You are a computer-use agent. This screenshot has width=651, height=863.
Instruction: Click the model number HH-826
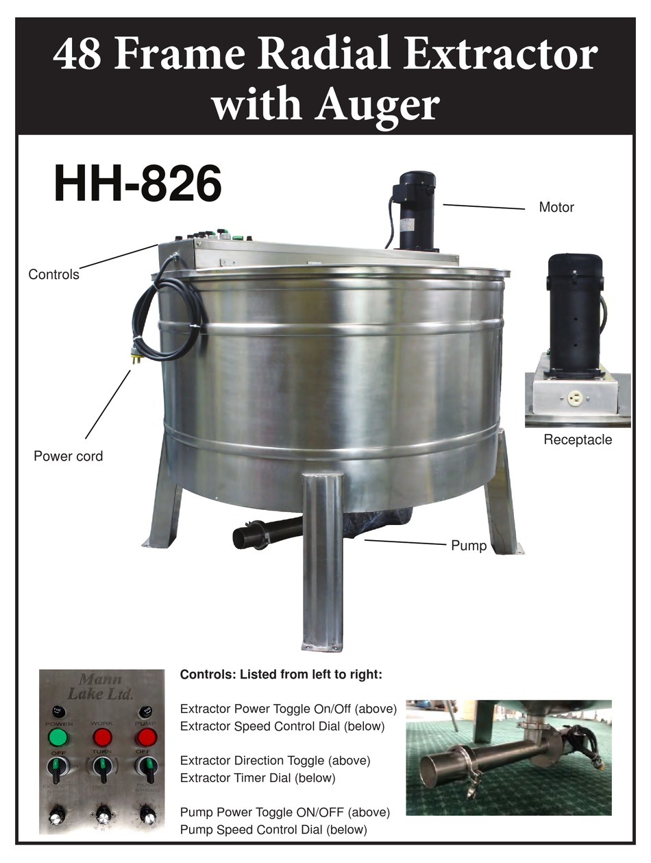pos(138,184)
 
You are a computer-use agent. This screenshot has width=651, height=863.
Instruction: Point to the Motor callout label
pos(556,207)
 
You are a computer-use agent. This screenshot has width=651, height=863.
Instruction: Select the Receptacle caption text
pos(578,439)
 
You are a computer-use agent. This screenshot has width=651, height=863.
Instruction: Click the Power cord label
pos(69,456)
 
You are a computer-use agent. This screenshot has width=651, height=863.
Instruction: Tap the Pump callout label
pos(469,546)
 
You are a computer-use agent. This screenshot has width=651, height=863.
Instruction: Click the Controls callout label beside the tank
pos(53,275)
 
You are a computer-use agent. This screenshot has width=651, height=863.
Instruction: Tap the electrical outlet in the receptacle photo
pos(574,398)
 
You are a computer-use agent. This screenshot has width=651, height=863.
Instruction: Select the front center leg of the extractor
pos(323,562)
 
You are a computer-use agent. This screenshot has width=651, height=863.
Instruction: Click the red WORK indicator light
pos(102,738)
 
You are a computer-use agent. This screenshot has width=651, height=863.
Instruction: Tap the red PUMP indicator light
pos(146,738)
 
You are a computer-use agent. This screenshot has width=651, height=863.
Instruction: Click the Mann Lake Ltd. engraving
pos(100,686)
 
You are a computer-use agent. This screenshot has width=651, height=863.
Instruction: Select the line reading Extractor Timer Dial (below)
pos(258,778)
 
